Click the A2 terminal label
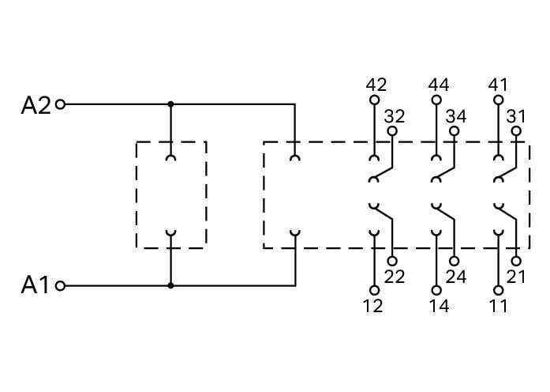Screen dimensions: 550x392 point(36,105)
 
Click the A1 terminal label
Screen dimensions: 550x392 point(35,285)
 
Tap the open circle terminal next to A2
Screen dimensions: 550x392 point(61,104)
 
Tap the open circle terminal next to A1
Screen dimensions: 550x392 point(60,286)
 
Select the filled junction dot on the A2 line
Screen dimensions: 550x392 point(170,104)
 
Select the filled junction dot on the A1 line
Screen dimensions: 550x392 point(170,286)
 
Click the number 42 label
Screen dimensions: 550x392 point(376,85)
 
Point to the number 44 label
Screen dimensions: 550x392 point(439,85)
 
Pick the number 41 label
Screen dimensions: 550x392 point(498,85)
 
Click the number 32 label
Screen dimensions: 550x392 point(395,116)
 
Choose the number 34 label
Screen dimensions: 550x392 point(456,116)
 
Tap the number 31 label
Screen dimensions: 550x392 point(516,116)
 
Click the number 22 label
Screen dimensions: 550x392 point(395,277)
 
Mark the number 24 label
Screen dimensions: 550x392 point(456,277)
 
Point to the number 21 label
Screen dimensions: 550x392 point(516,277)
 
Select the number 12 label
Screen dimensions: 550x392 point(372,306)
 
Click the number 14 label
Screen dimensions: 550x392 point(439,306)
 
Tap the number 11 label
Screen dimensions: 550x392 point(499,306)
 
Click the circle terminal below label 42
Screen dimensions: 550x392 point(375,100)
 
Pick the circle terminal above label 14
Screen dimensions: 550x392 point(436,291)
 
